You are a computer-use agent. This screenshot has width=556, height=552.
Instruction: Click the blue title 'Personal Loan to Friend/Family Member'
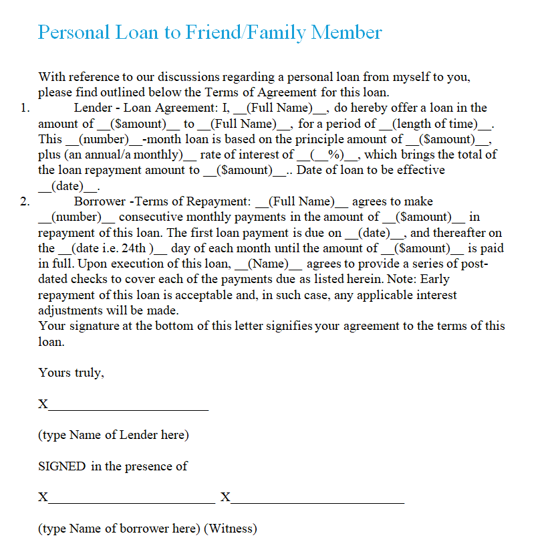click(x=210, y=32)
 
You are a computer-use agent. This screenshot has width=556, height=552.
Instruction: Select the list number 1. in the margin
click(x=25, y=108)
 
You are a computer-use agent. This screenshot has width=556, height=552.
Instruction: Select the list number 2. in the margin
click(x=25, y=202)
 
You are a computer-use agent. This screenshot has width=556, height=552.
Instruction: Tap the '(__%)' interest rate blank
click(x=329, y=155)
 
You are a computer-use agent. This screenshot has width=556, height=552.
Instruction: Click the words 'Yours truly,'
click(x=71, y=373)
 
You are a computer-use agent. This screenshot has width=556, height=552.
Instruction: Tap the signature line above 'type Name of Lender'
click(x=128, y=405)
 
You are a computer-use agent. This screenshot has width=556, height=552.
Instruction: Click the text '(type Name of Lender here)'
click(x=114, y=436)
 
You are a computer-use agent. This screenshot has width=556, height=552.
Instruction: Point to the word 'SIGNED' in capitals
click(x=62, y=467)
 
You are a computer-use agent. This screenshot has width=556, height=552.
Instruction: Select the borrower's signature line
click(x=132, y=498)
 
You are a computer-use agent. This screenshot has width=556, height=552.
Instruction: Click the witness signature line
click(x=317, y=498)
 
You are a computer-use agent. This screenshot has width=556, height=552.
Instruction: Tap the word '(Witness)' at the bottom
click(x=231, y=529)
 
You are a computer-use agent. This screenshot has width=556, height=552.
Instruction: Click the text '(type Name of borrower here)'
click(x=119, y=529)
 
